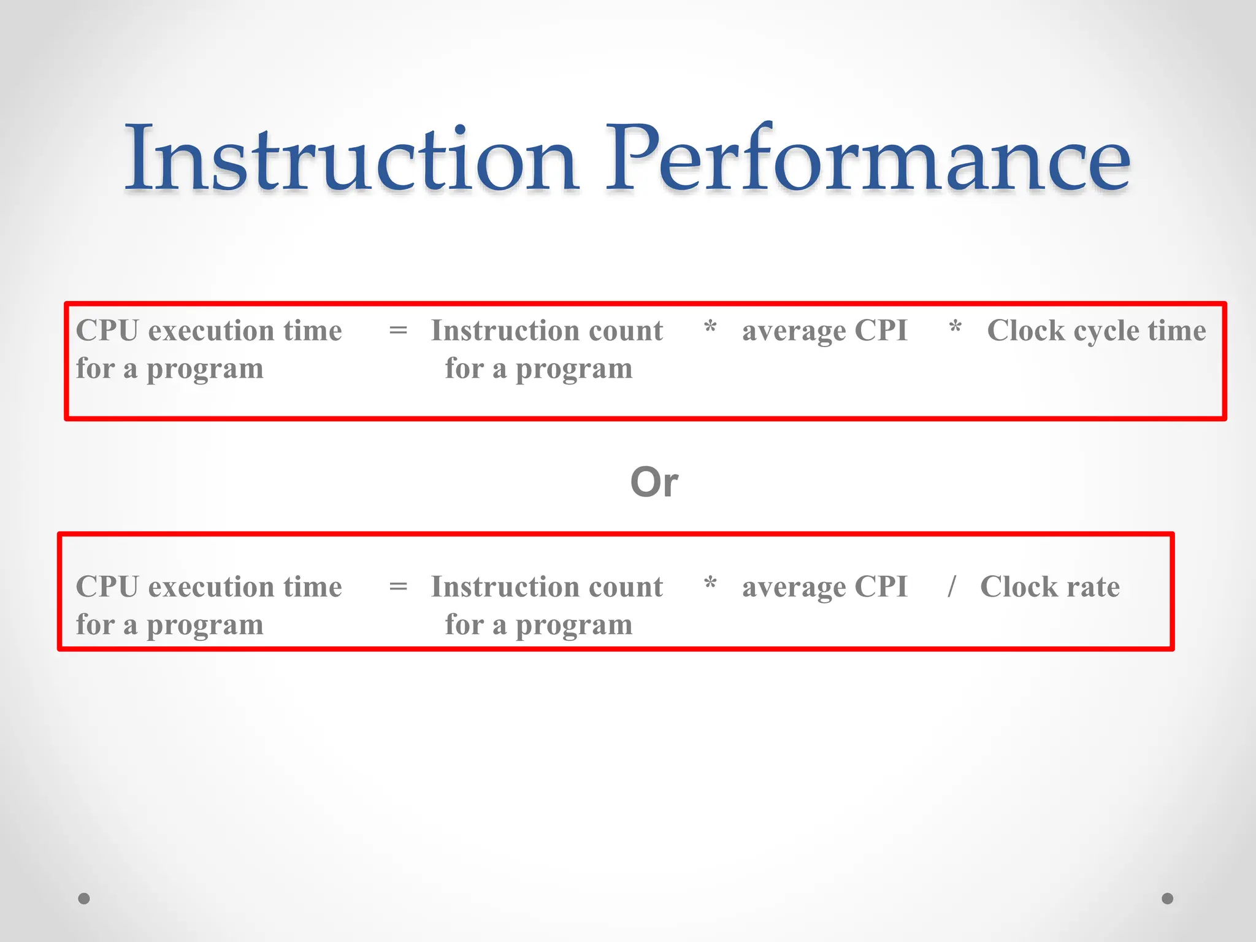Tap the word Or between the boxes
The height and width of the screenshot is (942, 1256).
click(x=654, y=482)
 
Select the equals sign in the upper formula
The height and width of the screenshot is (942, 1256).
click(x=398, y=331)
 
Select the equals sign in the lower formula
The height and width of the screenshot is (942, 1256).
click(x=398, y=587)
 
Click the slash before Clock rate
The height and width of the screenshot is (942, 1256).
click(x=951, y=586)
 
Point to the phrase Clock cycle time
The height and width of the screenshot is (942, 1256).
click(x=1097, y=331)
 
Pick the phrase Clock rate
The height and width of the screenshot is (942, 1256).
click(x=1050, y=587)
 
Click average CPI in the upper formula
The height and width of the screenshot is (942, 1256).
click(x=824, y=331)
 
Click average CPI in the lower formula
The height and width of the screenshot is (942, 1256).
click(x=824, y=587)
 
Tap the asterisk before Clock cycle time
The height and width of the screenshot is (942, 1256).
click(x=955, y=327)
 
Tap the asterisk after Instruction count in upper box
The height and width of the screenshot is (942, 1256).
click(x=710, y=327)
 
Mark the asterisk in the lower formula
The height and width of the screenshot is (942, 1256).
click(x=710, y=583)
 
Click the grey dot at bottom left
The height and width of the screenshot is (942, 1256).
click(x=84, y=898)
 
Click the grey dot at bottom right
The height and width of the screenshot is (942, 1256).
click(x=1168, y=898)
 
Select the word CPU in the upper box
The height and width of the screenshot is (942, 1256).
click(x=107, y=331)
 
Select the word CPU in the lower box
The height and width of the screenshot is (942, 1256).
click(x=107, y=587)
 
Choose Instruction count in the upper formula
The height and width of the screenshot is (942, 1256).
click(x=546, y=331)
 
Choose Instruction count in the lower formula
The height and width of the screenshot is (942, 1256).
click(x=546, y=587)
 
